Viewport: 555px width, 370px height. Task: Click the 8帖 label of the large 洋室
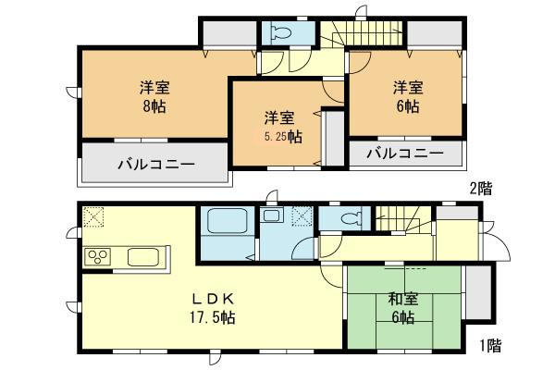[154, 106]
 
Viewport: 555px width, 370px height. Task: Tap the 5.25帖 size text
[279, 136]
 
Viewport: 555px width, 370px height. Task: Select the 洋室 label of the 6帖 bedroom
[407, 88]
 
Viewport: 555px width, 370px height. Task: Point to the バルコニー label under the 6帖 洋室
[403, 154]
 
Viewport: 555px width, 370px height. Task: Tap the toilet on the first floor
[350, 219]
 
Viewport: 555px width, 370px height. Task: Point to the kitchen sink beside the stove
[142, 256]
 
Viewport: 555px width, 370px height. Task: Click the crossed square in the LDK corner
[92, 217]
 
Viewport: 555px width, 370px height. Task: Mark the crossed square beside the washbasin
[302, 217]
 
